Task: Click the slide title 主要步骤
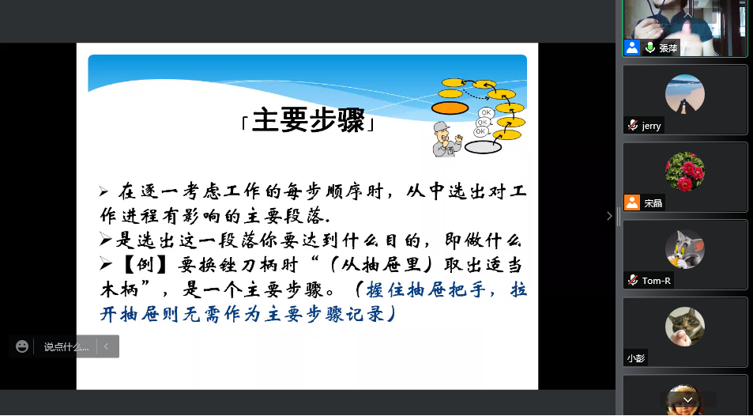point(308,120)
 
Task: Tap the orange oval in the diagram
point(450,108)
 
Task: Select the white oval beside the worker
point(483,147)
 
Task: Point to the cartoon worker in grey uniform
point(446,139)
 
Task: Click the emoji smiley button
point(22,346)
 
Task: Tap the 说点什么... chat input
point(66,346)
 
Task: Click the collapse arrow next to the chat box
point(106,346)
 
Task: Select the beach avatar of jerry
point(685,94)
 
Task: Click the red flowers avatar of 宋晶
point(685,172)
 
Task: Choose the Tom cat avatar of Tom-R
point(685,249)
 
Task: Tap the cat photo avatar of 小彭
point(685,327)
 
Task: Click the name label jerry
point(651,126)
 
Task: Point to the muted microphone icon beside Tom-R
point(632,280)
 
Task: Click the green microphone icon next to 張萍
point(649,47)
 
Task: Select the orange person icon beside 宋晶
point(632,202)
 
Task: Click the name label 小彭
point(635,358)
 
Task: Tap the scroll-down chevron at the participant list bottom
point(687,399)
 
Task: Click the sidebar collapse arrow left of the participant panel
point(609,216)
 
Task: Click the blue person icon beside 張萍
point(632,47)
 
